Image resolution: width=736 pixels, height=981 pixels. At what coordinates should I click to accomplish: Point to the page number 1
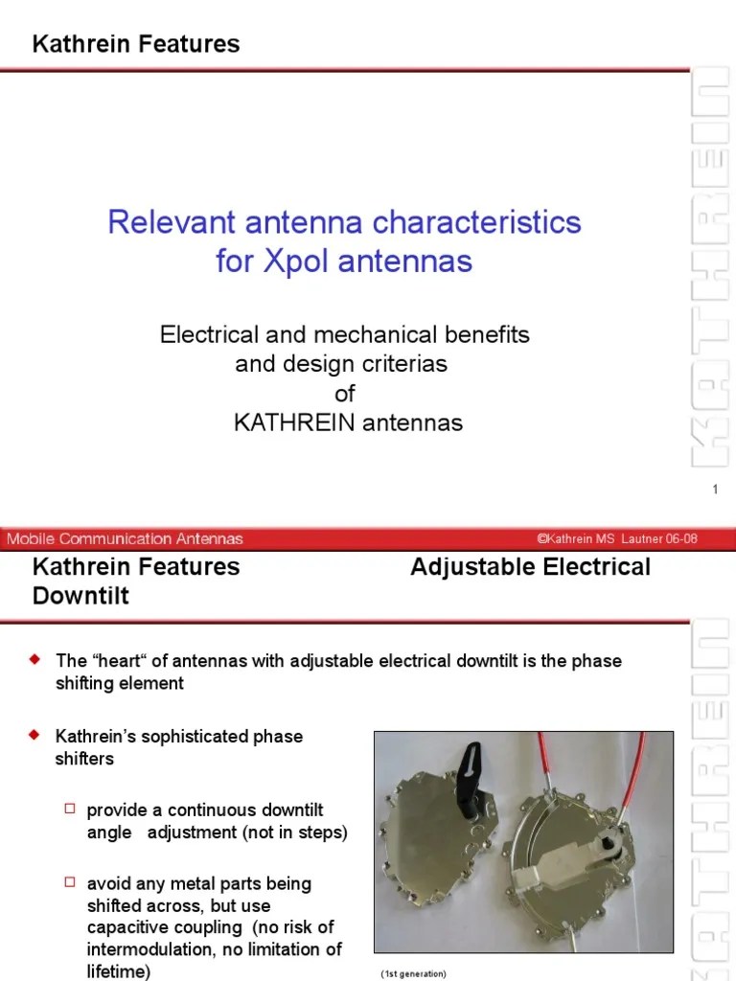click(x=715, y=490)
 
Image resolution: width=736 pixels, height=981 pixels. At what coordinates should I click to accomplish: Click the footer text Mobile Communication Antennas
click(x=125, y=538)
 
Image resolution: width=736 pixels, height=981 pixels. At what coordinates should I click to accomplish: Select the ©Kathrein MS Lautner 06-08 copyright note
click(x=617, y=538)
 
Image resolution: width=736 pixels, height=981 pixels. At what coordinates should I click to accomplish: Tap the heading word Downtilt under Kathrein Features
click(x=80, y=596)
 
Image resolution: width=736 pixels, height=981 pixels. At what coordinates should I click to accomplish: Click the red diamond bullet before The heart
click(x=36, y=660)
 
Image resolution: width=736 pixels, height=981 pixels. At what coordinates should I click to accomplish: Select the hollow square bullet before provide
click(x=69, y=809)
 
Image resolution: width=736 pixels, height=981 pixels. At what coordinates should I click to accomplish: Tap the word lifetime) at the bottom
click(x=119, y=970)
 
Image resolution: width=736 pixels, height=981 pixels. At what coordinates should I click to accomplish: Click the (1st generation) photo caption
click(x=414, y=973)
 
